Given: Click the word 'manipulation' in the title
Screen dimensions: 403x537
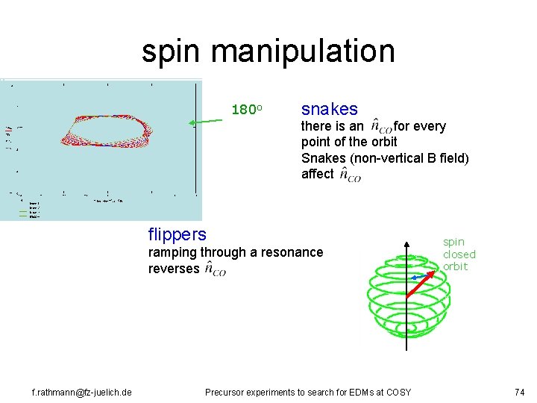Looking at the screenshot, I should (302, 51).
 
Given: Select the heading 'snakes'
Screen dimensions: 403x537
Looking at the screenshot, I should (330, 109).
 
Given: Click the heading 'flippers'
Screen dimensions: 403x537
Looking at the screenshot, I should (178, 235).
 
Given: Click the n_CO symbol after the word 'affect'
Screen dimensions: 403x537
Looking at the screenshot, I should (349, 175).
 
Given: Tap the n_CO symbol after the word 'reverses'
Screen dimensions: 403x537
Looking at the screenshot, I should (214, 269).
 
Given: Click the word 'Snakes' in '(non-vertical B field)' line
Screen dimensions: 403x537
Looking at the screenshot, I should (321, 157).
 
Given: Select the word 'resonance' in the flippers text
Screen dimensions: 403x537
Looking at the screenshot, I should (295, 252).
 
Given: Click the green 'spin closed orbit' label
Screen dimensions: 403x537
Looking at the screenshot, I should (459, 254).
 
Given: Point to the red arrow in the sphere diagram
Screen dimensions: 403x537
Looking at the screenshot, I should (422, 284).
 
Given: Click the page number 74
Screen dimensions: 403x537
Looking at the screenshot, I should (520, 392).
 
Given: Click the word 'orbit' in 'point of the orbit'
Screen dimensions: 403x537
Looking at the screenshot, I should (382, 142).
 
